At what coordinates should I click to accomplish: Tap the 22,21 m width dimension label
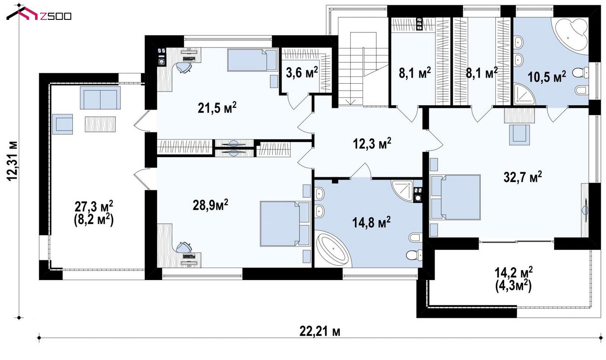click(320, 331)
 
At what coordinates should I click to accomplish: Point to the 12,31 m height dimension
click(12, 161)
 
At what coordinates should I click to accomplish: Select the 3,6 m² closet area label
click(301, 73)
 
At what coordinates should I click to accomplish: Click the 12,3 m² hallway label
click(372, 143)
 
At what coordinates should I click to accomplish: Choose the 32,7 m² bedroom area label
click(523, 177)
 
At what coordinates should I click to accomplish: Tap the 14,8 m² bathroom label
click(371, 223)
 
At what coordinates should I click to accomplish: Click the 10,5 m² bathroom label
click(547, 77)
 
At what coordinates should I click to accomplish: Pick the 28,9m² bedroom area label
click(210, 205)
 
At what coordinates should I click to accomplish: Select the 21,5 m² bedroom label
click(217, 108)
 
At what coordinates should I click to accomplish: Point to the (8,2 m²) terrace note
click(94, 221)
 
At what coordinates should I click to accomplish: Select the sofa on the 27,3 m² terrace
click(100, 98)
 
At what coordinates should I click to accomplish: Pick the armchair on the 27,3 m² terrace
click(63, 124)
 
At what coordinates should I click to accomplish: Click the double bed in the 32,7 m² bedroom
click(456, 197)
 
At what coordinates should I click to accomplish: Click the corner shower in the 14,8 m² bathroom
click(403, 190)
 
